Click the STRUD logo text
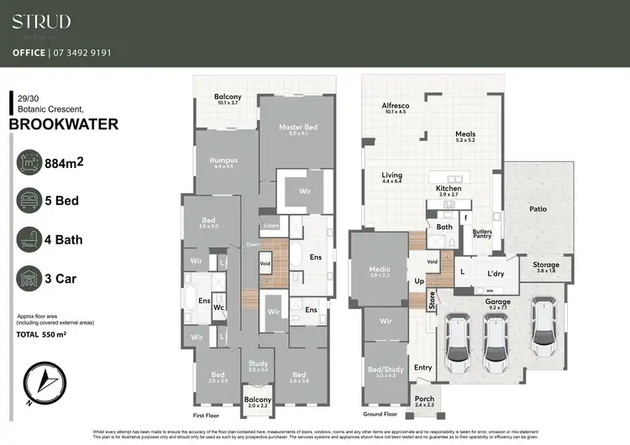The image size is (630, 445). coord(41,22)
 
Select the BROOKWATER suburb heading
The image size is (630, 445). coord(63,124)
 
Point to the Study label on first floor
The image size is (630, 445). coord(259,365)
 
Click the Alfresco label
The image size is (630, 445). coord(394,107)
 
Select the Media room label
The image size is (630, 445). coord(380,270)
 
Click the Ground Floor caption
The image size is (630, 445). coord(381,415)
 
